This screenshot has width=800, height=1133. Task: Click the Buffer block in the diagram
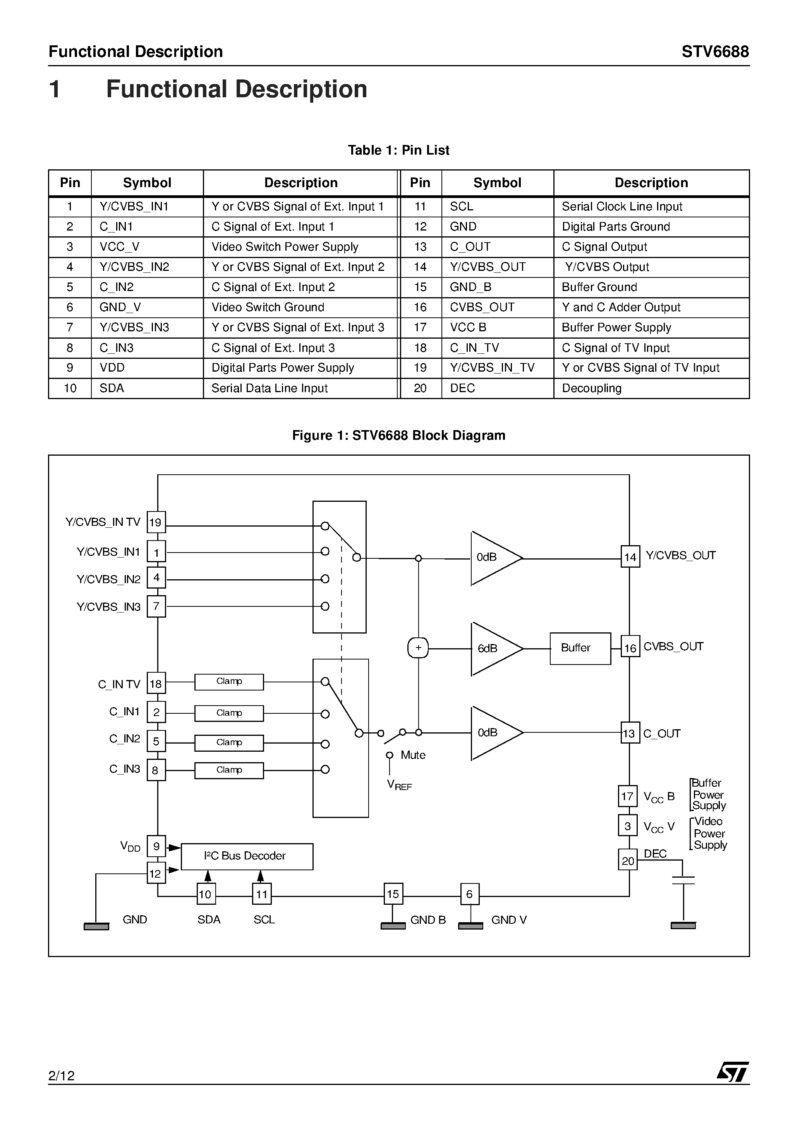580,648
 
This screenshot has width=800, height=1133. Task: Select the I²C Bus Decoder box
247,856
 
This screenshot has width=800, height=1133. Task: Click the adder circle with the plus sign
418,648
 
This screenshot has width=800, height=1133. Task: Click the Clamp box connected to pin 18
229,682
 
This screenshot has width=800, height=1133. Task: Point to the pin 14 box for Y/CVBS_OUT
630,557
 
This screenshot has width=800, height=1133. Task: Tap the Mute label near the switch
413,755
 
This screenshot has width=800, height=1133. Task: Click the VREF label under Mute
399,785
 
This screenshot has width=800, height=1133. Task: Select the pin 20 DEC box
627,861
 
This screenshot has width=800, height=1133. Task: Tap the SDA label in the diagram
209,919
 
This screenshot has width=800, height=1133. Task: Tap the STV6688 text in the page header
715,52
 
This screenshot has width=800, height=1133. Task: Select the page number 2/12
61,1076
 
